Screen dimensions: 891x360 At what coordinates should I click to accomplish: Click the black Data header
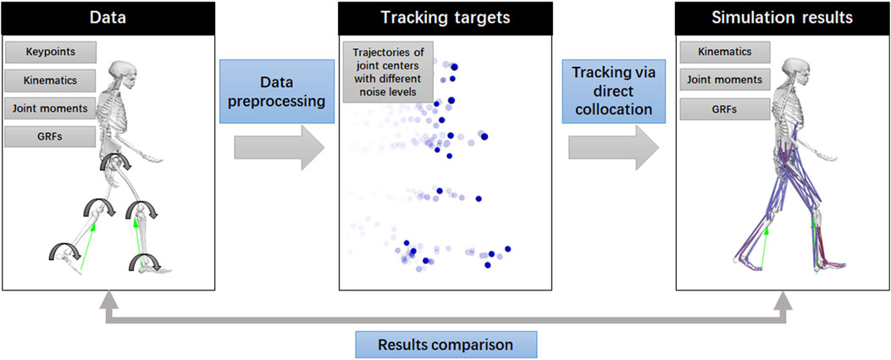tap(108, 18)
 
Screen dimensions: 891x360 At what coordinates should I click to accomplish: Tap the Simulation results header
tap(782, 18)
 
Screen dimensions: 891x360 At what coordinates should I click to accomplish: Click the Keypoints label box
tap(51, 53)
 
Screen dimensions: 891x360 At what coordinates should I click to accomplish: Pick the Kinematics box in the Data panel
tap(51, 80)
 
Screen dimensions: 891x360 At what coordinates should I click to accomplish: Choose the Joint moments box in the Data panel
tap(51, 108)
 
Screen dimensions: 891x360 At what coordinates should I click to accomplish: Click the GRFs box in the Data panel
tap(51, 136)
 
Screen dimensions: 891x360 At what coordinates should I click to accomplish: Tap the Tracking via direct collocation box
tap(613, 91)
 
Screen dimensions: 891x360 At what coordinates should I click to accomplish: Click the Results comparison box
tap(446, 345)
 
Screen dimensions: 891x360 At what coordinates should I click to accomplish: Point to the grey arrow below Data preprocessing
tap(279, 148)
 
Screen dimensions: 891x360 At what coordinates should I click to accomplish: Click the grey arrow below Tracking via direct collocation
tap(614, 148)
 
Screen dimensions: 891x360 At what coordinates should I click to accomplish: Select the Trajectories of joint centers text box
tap(388, 72)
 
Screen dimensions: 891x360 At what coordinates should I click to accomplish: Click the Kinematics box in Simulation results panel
tap(725, 52)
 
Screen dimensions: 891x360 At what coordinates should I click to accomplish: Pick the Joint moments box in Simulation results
tap(725, 80)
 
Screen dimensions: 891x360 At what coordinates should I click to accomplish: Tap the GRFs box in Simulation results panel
tap(725, 108)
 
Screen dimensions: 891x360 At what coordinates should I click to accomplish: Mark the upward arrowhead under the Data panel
tap(107, 301)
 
